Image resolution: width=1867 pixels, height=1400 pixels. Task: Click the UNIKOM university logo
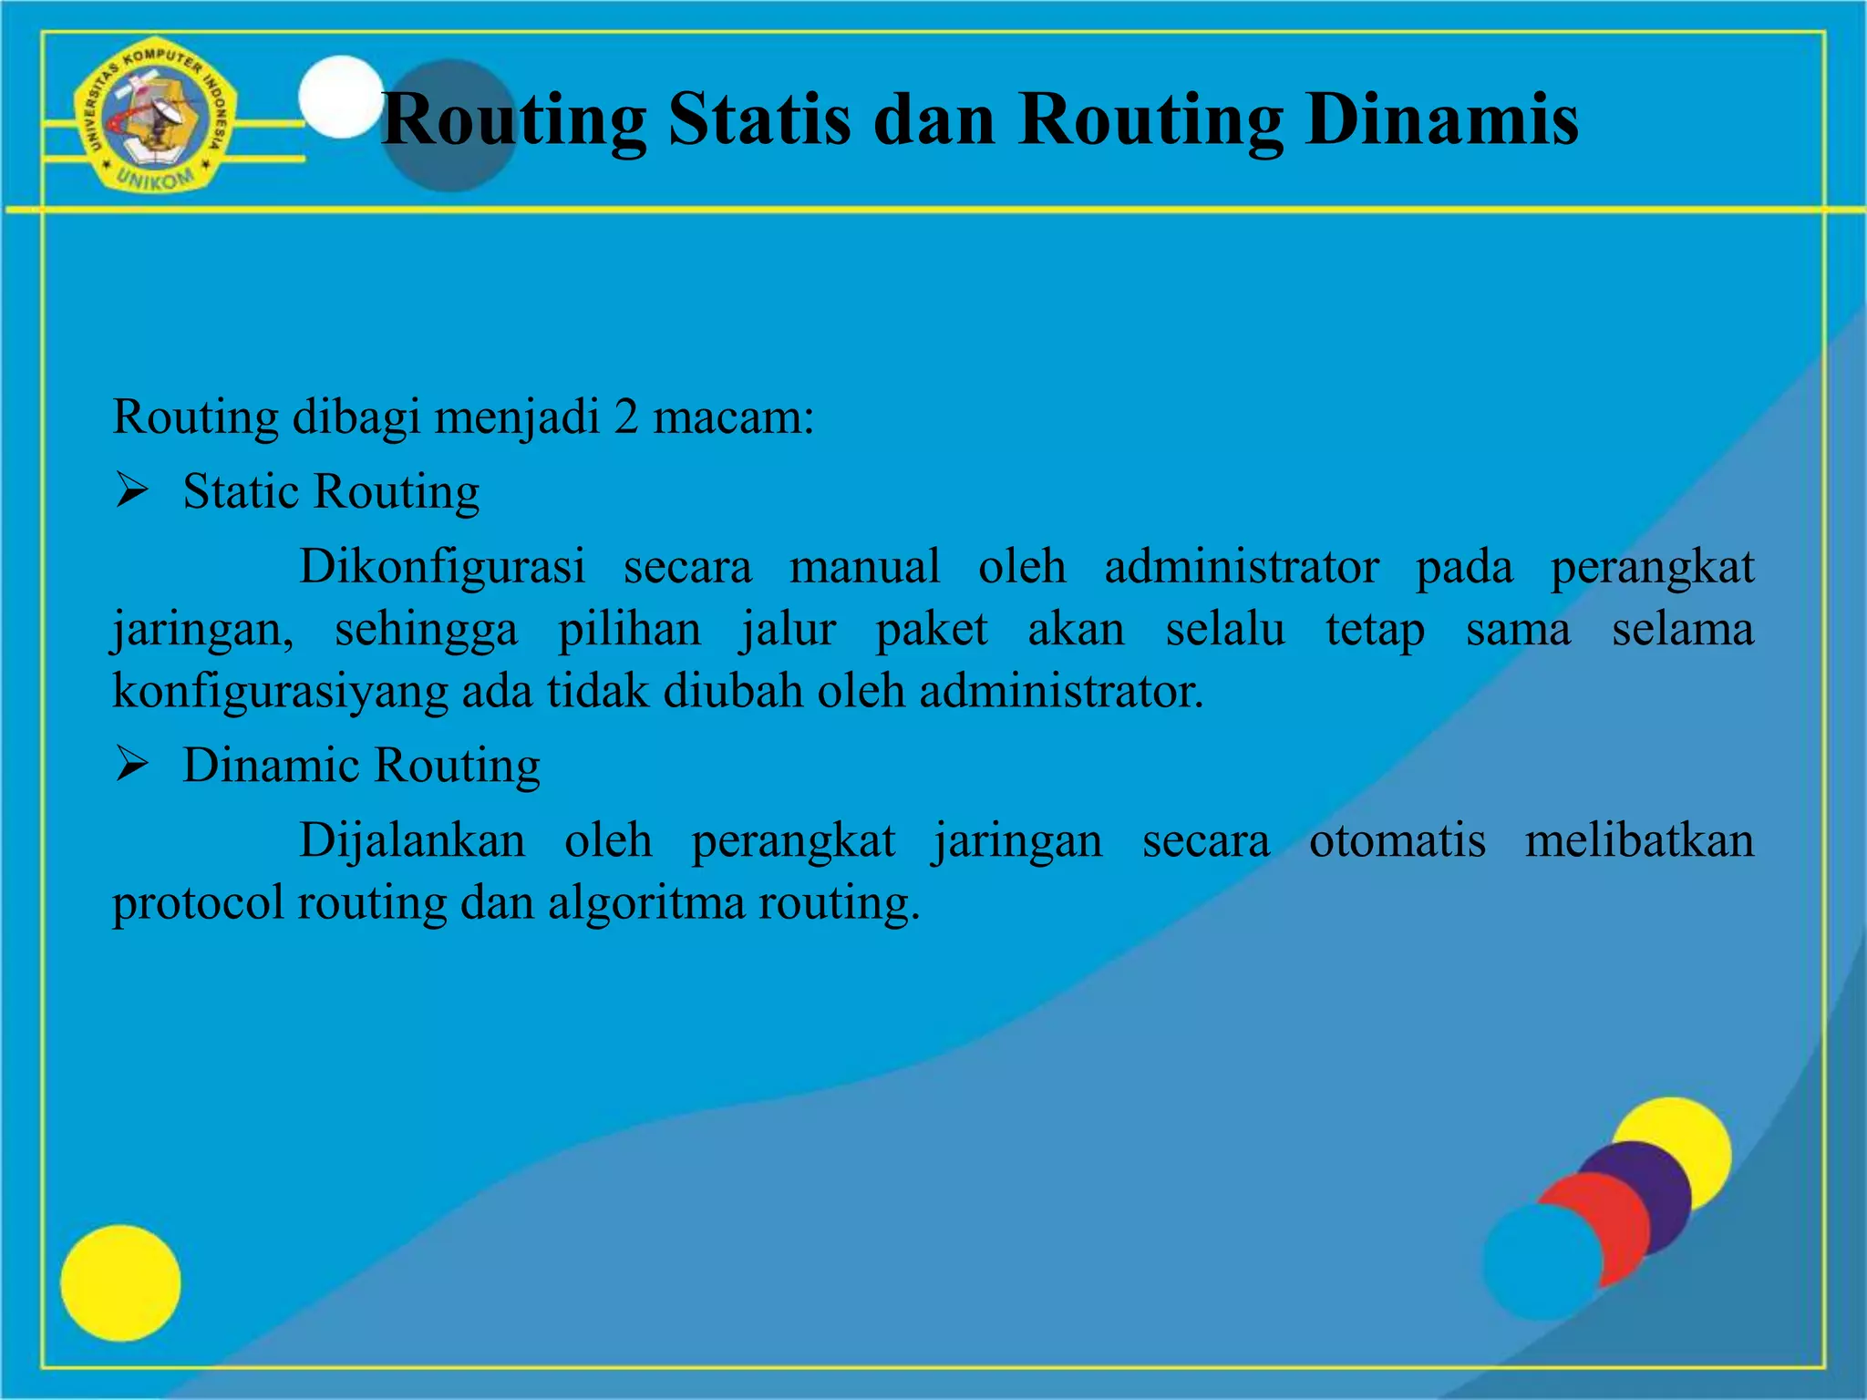point(155,116)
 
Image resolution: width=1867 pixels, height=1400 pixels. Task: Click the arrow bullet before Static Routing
point(132,492)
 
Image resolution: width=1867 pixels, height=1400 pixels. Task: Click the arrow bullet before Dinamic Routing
point(132,765)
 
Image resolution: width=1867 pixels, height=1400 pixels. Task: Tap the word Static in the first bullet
point(241,492)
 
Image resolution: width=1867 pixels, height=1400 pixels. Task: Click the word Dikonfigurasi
point(442,566)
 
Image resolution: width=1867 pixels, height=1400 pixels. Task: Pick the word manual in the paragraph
point(864,566)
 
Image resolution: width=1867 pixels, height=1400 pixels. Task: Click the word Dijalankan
point(412,839)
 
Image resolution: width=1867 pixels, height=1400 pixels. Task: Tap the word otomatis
point(1397,839)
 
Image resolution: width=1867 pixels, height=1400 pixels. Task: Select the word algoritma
point(645,902)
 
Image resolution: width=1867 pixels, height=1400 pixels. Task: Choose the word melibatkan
point(1638,839)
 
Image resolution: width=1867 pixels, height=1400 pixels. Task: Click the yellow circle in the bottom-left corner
point(120,1282)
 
